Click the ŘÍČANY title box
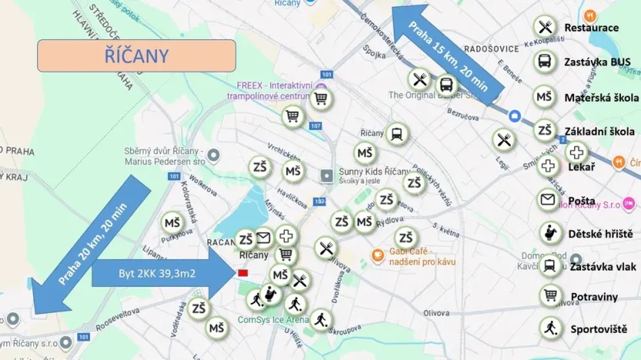pyautogui.click(x=136, y=56)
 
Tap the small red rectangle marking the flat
pyautogui.click(x=243, y=273)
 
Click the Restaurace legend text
pyautogui.click(x=591, y=28)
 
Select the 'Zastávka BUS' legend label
pyautogui.click(x=597, y=62)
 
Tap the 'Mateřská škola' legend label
pyautogui.click(x=601, y=98)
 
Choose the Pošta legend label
pyautogui.click(x=582, y=201)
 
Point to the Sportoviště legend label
pyautogui.click(x=599, y=329)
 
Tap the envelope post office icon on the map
pyautogui.click(x=263, y=237)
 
